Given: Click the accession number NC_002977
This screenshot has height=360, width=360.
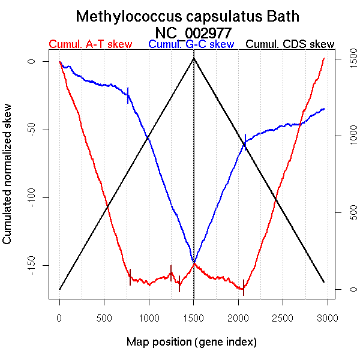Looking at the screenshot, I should coord(193,31).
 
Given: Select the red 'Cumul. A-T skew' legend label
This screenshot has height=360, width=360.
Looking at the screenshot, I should coord(90,44).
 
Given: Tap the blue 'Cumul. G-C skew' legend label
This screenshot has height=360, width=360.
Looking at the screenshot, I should coord(191,44).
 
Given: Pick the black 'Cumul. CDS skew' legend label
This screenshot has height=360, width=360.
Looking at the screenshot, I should coord(290,44).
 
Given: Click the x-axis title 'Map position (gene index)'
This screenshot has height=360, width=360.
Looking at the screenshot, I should coord(191,343).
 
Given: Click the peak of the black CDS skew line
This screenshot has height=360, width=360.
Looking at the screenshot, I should coord(193,58).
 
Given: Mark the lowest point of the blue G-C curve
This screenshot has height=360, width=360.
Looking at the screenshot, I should coord(193,262).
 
